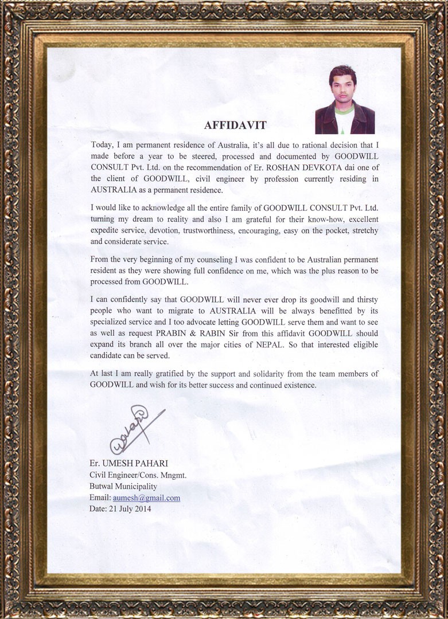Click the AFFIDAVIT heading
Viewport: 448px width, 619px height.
(235, 125)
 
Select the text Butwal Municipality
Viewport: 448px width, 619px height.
(123, 487)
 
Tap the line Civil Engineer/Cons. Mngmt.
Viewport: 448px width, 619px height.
(138, 475)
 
